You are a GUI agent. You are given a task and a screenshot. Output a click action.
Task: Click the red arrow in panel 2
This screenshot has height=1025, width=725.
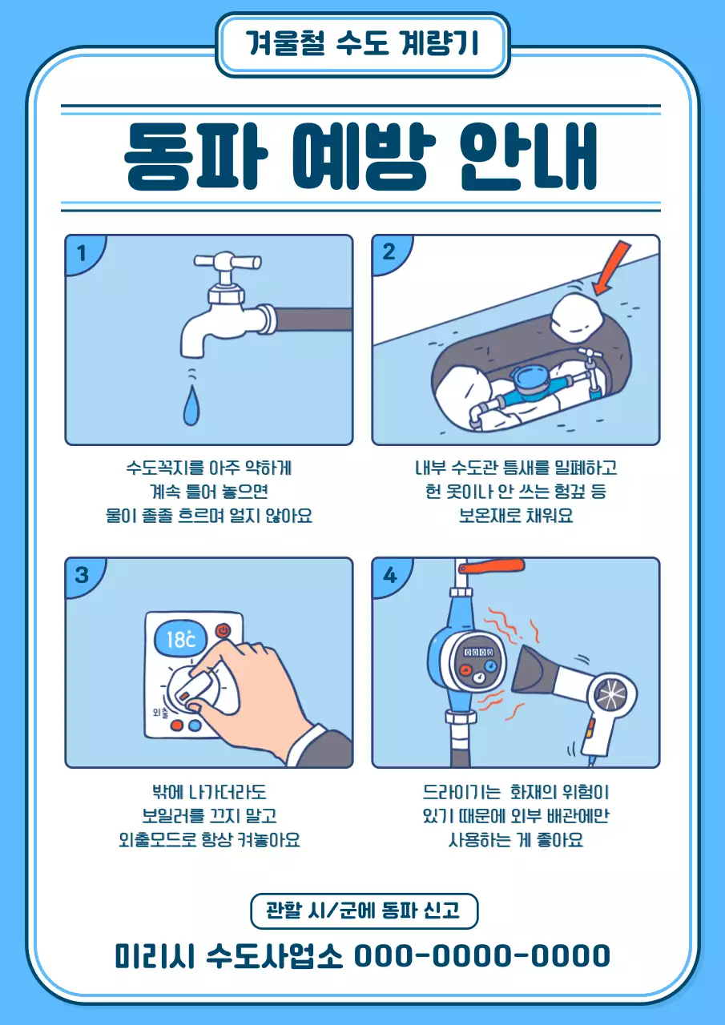click(x=612, y=268)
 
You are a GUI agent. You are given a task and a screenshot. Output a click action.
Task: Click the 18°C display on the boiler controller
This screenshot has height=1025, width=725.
click(x=181, y=639)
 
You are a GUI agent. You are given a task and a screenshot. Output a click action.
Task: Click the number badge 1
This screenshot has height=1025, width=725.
click(x=80, y=253)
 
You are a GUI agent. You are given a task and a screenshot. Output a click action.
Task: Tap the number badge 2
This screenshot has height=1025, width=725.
click(x=389, y=252)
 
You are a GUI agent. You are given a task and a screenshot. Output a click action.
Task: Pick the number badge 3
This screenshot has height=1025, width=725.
click(x=81, y=575)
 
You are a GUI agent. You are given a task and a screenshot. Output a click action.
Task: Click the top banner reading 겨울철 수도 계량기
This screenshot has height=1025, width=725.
click(x=362, y=44)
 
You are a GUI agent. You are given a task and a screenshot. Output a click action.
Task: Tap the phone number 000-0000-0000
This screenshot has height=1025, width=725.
click(x=481, y=955)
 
